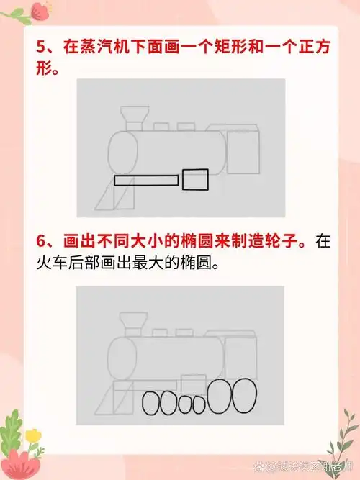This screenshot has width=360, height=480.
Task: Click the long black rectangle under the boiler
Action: click(146, 180)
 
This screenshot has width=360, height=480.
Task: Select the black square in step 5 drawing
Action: click(194, 179)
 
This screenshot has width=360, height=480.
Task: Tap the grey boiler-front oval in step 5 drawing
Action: click(121, 153)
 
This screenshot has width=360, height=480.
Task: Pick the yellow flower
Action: click(32, 436)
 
